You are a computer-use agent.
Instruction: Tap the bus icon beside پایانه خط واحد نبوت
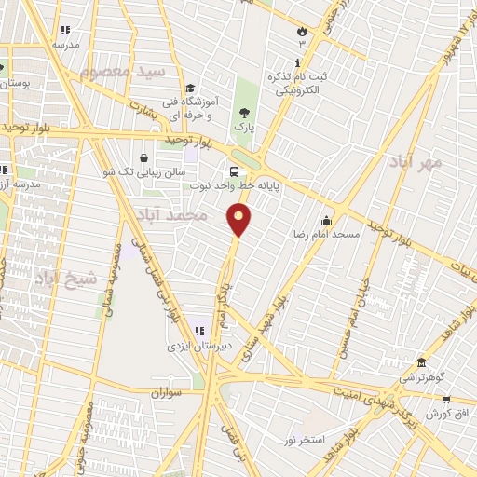234,171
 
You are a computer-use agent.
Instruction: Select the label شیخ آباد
66,278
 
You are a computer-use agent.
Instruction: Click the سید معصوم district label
122,71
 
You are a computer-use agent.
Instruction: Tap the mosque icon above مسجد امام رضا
326,221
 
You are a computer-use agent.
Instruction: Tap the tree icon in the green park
244,111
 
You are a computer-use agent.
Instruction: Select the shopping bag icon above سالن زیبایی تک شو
143,157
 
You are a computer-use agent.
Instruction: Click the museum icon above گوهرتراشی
421,362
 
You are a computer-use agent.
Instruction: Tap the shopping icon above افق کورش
446,398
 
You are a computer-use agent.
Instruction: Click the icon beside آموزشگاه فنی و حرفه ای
190,89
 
